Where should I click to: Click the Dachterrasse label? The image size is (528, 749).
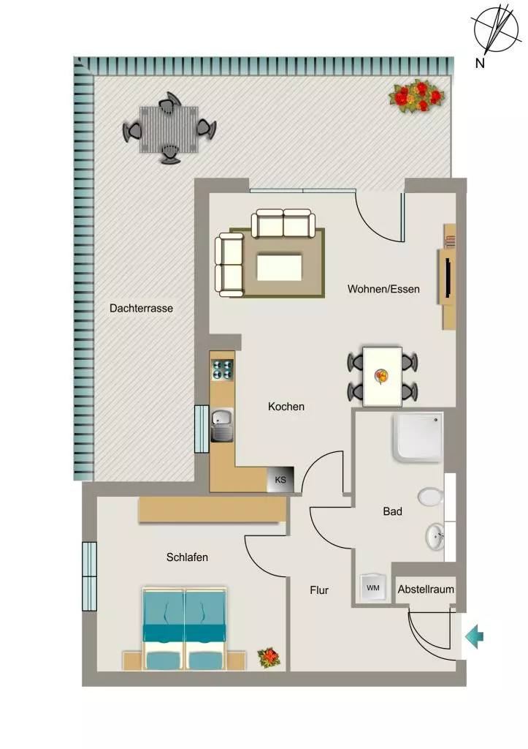tap(141, 308)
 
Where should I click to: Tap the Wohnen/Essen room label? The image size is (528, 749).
tap(383, 289)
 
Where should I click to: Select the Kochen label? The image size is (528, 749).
tap(286, 407)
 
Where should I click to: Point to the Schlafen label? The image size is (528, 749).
tap(187, 557)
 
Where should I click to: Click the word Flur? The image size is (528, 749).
tap(319, 590)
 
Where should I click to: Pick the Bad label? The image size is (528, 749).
tap(393, 511)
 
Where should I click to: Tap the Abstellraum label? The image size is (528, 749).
tap(426, 589)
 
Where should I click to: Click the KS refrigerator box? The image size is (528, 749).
tap(280, 480)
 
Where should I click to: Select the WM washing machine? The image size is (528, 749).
tap(373, 587)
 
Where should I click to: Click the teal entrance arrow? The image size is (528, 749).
tap(474, 636)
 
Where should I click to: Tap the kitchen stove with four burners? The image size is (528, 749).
tap(222, 369)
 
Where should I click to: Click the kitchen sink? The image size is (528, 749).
tap(222, 425)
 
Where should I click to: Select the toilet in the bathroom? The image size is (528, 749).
tap(431, 497)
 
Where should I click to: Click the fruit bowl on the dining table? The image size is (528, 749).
tap(381, 376)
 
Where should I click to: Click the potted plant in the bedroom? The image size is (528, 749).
tap(269, 658)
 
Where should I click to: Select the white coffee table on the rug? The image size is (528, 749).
tap(280, 268)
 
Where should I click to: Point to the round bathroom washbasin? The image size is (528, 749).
tap(435, 535)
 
